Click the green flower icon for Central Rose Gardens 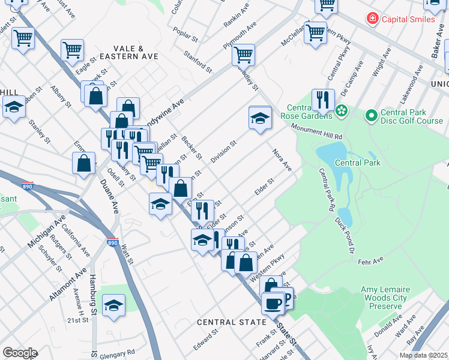(342, 110)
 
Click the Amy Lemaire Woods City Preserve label (385, 298)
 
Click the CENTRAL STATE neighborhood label (232, 322)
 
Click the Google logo (20, 353)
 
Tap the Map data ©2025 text (423, 355)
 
